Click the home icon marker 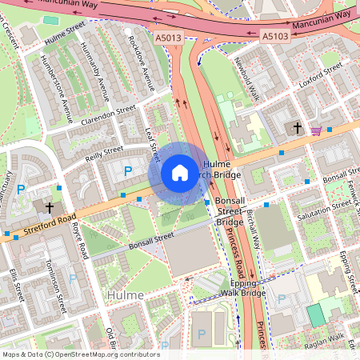click(x=180, y=173)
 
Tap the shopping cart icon click(x=317, y=130)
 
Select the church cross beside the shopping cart click(x=298, y=128)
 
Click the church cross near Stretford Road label click(x=50, y=207)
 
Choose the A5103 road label click(x=274, y=36)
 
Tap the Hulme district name click(x=125, y=295)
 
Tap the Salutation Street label click(x=324, y=210)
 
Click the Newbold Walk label click(x=247, y=72)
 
